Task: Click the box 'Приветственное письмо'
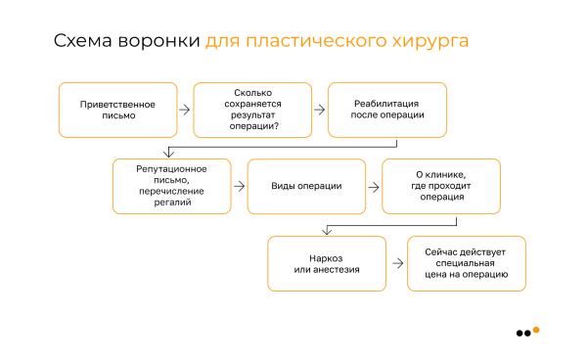pyautogui.click(x=117, y=110)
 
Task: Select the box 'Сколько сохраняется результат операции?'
pyautogui.click(x=251, y=110)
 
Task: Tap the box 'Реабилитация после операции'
pyautogui.click(x=386, y=110)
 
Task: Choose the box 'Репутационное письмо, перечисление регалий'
pyautogui.click(x=172, y=186)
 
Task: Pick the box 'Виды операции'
pyautogui.click(x=306, y=186)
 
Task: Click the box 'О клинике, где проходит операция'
pyautogui.click(x=441, y=186)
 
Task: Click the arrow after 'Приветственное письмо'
pyautogui.click(x=185, y=110)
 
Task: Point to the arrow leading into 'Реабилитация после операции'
pyautogui.click(x=319, y=110)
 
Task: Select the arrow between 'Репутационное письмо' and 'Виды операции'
pyautogui.click(x=240, y=186)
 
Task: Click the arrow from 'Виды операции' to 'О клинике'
pyautogui.click(x=374, y=186)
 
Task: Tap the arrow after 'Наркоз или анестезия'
pyautogui.click(x=398, y=263)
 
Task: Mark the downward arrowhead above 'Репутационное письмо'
pyautogui.click(x=171, y=153)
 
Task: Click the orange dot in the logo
pyautogui.click(x=536, y=330)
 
